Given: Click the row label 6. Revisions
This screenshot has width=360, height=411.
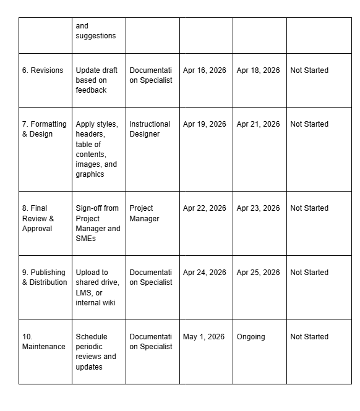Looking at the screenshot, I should [43, 70].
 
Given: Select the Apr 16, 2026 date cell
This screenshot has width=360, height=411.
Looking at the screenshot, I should [205, 70].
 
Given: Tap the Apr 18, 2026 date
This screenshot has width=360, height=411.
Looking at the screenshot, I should [258, 70].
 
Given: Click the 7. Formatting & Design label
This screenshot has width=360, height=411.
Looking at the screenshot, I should [44, 129].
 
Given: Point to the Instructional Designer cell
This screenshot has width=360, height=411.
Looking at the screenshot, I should [150, 129].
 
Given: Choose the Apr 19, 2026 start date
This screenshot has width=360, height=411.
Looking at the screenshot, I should [205, 124].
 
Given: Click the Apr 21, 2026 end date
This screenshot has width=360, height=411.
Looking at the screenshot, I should [258, 124].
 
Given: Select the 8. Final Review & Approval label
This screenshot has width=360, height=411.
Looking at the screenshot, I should [38, 218].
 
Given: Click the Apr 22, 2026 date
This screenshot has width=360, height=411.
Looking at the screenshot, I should [205, 208].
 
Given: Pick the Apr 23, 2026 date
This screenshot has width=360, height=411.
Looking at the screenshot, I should [258, 208].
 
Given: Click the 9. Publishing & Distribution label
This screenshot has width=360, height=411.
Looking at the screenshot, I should [45, 278].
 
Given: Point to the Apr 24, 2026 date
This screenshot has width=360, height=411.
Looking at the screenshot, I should [205, 273].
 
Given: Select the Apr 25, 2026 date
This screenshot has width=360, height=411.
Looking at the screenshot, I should [258, 273].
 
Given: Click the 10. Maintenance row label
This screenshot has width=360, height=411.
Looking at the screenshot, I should [43, 342].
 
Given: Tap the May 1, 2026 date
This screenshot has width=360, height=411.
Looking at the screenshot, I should [204, 337].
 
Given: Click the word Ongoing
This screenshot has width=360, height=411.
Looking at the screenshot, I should [251, 337].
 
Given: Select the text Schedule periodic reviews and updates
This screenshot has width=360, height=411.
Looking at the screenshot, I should [96, 352].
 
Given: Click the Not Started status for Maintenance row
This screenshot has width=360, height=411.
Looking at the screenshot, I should [309, 337].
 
